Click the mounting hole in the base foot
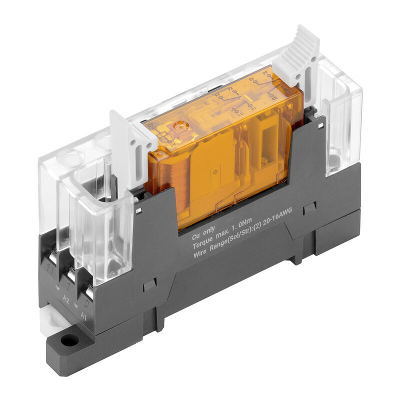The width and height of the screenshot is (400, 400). tap(69, 341)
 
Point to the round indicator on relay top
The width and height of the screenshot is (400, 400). tap(180, 127)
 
